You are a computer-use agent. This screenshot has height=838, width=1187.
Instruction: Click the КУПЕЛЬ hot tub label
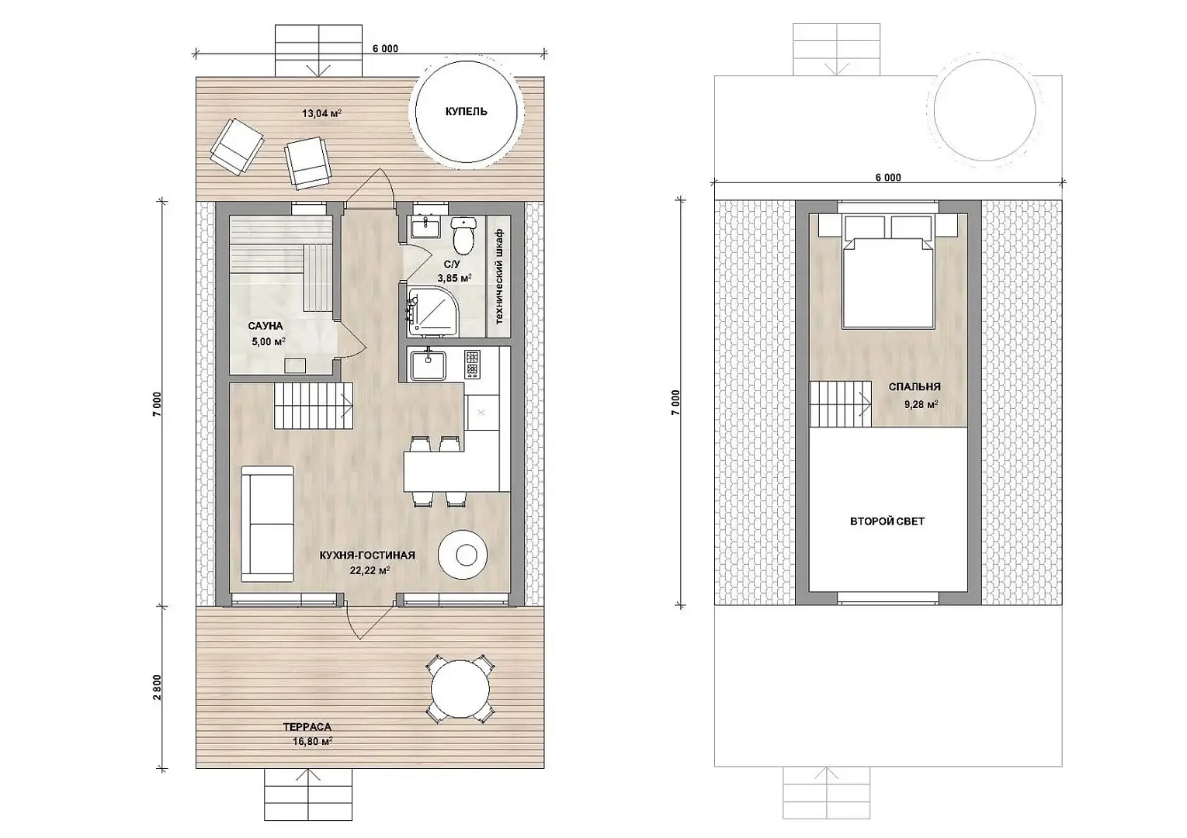coord(466,111)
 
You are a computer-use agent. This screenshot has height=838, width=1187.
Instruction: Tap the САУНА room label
coord(266,326)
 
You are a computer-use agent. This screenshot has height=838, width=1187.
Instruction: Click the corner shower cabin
coord(433,311)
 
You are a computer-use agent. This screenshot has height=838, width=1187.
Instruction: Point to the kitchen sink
coord(429,365)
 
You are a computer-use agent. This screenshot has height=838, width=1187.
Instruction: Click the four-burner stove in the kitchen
coord(472,364)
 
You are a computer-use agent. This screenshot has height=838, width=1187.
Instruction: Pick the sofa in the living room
coord(267,524)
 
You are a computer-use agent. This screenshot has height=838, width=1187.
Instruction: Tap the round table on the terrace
coord(460,688)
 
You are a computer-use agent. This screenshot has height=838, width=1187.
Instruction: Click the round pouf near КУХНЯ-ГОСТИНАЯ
coord(463,555)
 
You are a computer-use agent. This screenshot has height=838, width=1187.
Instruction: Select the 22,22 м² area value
coord(370,570)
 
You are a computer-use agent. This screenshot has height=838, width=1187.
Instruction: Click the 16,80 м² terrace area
coord(313,742)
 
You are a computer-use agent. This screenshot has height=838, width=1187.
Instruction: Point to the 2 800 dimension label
coord(158,687)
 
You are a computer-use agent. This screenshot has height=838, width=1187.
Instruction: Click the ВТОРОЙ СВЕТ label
coord(887,521)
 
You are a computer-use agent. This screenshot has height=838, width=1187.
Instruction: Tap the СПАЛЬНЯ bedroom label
coord(915,387)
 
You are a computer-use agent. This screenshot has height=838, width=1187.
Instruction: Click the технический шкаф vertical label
coord(498,276)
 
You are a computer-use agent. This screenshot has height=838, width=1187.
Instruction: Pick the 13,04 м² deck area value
coord(321,113)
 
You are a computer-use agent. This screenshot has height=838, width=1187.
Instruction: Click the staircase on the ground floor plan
coord(314,406)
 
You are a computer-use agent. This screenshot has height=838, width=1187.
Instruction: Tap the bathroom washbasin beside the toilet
coord(425,227)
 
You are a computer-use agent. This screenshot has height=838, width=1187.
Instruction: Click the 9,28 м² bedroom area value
coord(921,405)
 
